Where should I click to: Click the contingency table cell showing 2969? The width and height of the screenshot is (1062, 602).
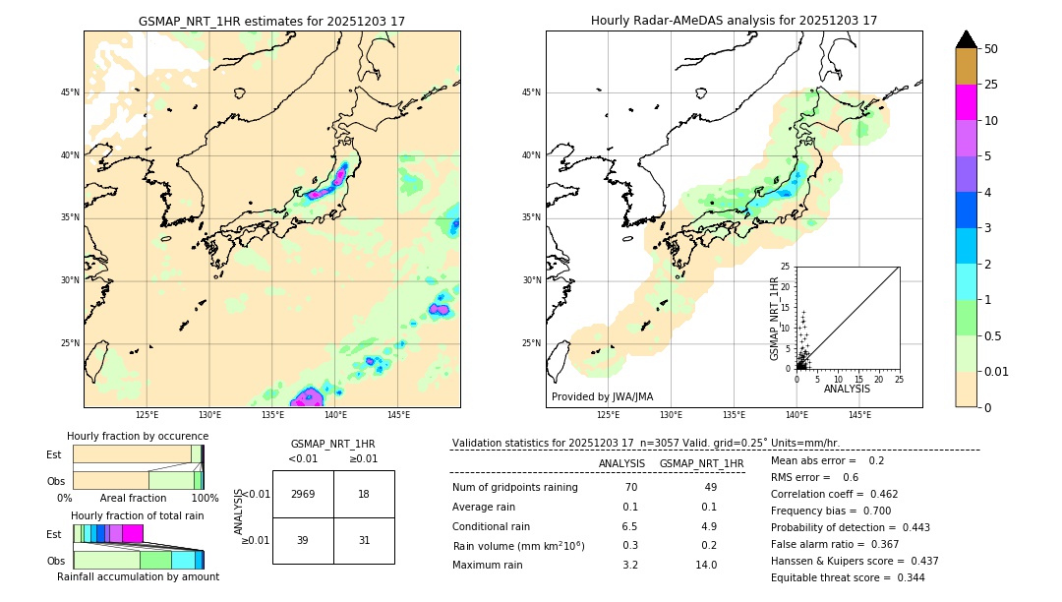[303, 494]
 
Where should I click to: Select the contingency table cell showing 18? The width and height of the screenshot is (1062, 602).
[364, 494]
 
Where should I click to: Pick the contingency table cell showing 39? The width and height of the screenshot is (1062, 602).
[303, 540]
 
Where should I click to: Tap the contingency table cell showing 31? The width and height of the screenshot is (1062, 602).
[364, 540]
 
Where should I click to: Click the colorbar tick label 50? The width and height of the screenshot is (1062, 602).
[991, 49]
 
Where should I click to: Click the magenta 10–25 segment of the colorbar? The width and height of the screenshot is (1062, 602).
[967, 102]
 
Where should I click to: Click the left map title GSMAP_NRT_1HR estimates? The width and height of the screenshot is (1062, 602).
[271, 21]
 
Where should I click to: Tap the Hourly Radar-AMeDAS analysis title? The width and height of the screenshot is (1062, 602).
[734, 21]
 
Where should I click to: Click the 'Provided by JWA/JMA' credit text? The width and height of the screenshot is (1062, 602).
[602, 396]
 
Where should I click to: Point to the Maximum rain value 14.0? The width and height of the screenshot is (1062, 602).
[706, 565]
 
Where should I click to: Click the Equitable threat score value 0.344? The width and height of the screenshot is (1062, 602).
[904, 577]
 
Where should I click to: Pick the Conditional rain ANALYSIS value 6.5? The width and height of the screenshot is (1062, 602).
[629, 526]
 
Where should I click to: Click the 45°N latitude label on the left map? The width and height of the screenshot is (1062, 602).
[70, 92]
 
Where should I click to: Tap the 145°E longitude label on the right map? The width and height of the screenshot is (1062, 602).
[859, 415]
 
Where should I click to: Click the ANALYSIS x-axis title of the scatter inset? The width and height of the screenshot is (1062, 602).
[847, 389]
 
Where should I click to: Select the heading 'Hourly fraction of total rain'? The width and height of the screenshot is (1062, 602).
[137, 515]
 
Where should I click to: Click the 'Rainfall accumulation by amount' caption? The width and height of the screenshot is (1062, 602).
[137, 576]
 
